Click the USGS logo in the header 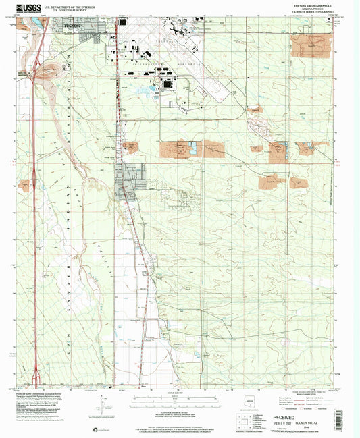pos(28,8)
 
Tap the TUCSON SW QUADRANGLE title pos(307,5)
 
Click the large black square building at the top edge pos(122,22)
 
